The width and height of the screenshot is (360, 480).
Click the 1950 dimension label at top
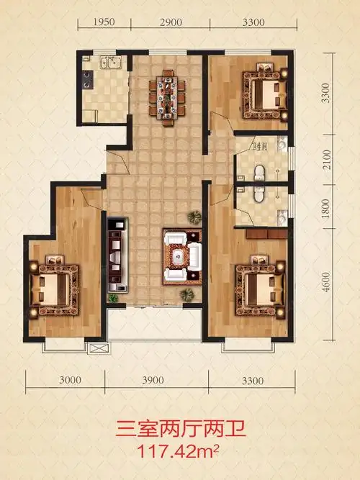click(104, 22)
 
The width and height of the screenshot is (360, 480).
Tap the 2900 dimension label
click(171, 22)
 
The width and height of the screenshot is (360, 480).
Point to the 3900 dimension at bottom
click(153, 380)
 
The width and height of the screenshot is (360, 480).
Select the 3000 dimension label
click(70, 380)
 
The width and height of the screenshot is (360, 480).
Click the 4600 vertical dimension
click(326, 281)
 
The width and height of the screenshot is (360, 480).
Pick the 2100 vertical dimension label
click(327, 160)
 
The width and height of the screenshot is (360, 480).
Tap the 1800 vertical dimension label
click(327, 208)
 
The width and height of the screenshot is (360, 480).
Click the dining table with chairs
click(167, 98)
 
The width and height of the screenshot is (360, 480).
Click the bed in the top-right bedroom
click(266, 92)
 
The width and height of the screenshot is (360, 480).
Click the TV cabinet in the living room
click(117, 255)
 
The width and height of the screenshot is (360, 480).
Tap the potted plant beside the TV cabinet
click(113, 298)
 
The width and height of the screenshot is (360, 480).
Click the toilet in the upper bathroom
click(259, 173)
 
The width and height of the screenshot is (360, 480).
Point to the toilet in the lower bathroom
click(259, 194)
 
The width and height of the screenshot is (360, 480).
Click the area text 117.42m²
click(179, 451)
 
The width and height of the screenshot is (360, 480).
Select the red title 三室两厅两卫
click(181, 429)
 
